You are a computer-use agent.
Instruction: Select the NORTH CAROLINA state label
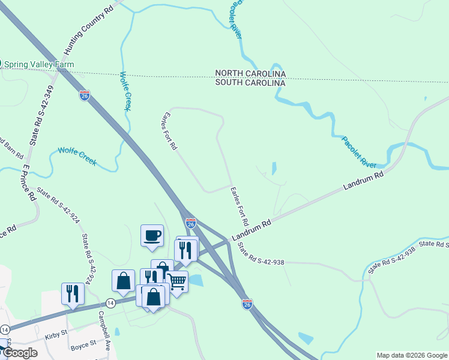(251, 73)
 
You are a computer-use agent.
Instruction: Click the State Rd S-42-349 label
(41, 115)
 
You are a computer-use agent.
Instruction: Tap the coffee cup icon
(152, 235)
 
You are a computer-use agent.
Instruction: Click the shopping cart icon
(176, 281)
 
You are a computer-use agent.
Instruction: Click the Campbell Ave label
(106, 331)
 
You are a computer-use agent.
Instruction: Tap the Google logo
(20, 353)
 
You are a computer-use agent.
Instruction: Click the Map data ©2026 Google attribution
(411, 355)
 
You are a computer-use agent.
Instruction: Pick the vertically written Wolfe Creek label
(125, 91)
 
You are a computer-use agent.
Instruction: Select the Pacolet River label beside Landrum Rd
(359, 152)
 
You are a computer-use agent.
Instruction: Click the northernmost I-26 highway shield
(84, 95)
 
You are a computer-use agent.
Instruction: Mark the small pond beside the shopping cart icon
(196, 280)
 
